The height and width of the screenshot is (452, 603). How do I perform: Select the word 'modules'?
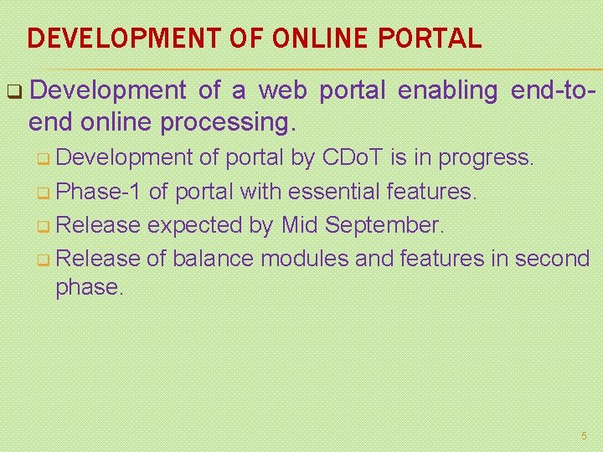[305, 259]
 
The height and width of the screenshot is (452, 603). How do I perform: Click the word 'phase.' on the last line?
[89, 287]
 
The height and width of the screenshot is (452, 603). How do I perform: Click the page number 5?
[584, 436]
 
